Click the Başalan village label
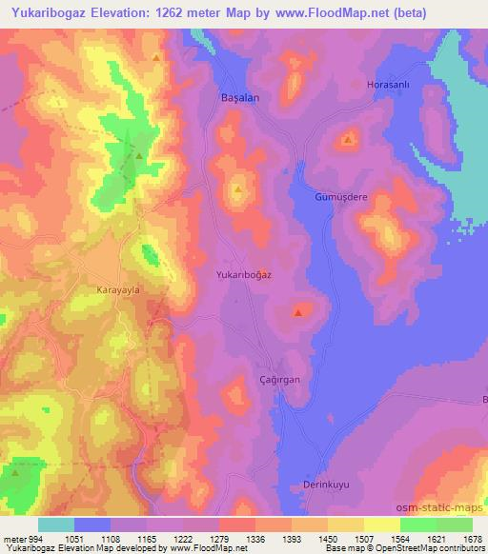pos(239,97)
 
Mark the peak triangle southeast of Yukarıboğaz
pos(299,311)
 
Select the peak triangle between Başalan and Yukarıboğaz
pos(237,188)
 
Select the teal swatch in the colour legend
pos(56,524)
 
